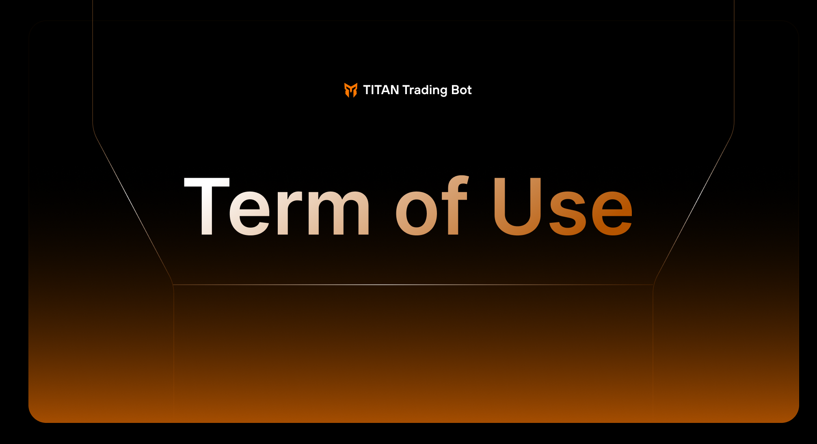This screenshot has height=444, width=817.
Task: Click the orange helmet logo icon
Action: (x=351, y=90)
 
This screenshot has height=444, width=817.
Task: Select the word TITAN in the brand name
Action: (x=381, y=90)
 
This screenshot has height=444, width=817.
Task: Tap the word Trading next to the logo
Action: (x=425, y=91)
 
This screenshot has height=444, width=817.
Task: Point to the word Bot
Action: (x=462, y=90)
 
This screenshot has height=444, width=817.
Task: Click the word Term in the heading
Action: (x=277, y=206)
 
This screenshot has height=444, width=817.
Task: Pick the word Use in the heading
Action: (x=563, y=207)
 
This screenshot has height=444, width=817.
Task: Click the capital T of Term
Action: (x=207, y=206)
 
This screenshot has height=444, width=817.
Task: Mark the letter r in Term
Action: (x=290, y=212)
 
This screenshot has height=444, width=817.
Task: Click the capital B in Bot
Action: (x=456, y=90)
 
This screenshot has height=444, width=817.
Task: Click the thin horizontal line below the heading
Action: (x=413, y=285)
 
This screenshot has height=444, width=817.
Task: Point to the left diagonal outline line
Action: (x=133, y=209)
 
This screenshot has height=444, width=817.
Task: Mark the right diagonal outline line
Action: (x=693, y=209)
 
